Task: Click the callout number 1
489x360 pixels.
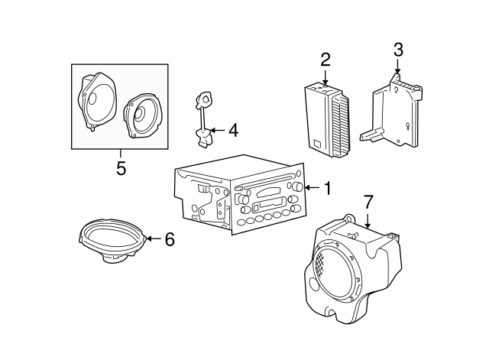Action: click(327, 188)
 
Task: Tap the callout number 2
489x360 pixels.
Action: click(325, 59)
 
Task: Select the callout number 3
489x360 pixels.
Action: click(397, 51)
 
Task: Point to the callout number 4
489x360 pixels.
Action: click(233, 131)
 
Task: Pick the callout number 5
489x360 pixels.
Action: click(121, 168)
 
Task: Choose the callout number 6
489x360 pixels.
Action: click(170, 240)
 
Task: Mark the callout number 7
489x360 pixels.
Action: click(368, 203)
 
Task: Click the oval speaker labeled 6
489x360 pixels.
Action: click(112, 242)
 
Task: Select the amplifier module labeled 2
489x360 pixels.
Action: click(327, 122)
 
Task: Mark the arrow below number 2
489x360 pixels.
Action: click(325, 76)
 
